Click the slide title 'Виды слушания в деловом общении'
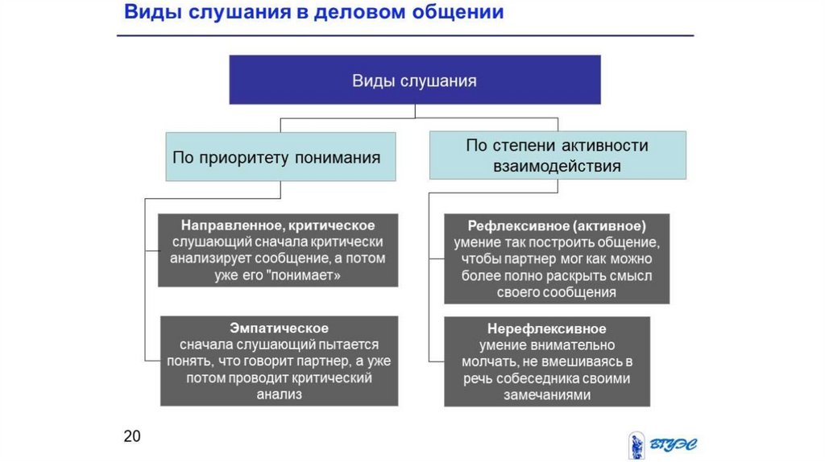(x=313, y=14)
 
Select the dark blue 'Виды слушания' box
(x=414, y=80)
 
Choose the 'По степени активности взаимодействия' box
(x=557, y=156)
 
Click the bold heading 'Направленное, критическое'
(x=278, y=225)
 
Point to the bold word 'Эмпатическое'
(x=279, y=328)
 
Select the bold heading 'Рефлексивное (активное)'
(x=557, y=225)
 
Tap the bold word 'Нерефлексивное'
(x=546, y=328)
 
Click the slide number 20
(x=132, y=436)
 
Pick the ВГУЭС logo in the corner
(x=662, y=444)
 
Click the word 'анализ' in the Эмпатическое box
(x=279, y=394)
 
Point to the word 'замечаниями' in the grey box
(x=546, y=395)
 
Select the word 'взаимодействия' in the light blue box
(x=557, y=167)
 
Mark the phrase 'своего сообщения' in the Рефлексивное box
(x=557, y=292)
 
